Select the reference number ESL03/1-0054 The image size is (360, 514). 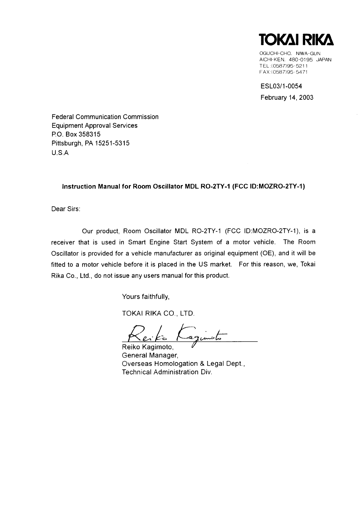click(281, 86)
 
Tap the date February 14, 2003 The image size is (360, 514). click(287, 98)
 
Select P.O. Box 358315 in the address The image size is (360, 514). click(76, 134)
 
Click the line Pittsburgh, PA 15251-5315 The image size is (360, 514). click(90, 143)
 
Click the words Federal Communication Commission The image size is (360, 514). click(105, 117)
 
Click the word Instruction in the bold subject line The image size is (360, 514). click(78, 187)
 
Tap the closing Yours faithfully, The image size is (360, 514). click(146, 296)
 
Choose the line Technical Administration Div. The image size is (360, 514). click(167, 372)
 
